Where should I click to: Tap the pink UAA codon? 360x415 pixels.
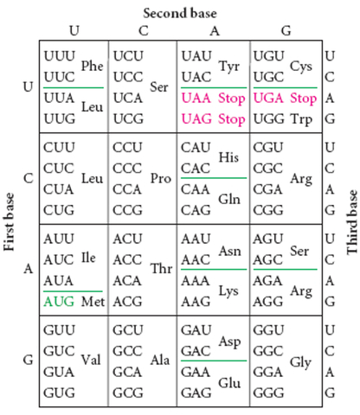[196, 99]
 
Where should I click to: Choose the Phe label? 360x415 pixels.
[93, 66]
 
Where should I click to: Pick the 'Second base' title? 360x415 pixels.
[179, 13]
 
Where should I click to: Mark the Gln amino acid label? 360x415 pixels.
[229, 198]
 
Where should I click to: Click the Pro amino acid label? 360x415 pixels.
[160, 178]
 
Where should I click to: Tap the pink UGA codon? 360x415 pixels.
[268, 99]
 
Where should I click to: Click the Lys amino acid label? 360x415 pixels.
[229, 290]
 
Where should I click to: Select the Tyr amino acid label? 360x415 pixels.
[229, 66]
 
